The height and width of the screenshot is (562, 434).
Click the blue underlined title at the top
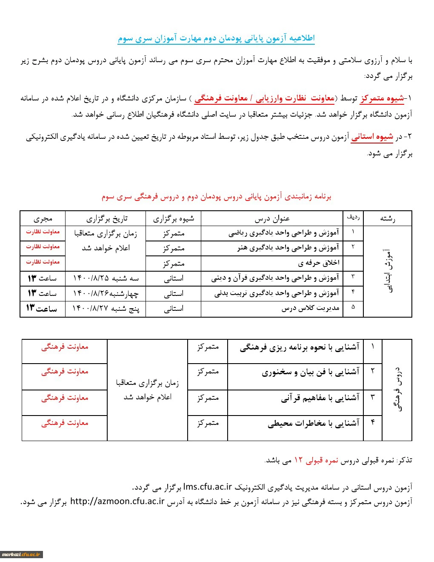tap(216, 38)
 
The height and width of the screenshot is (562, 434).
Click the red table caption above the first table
tap(216, 197)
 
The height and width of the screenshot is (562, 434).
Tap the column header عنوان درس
tap(272, 218)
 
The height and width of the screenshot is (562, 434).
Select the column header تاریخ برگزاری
tap(106, 218)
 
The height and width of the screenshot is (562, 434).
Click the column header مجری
tap(43, 218)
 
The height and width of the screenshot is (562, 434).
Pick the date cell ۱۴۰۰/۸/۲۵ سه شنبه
tap(106, 278)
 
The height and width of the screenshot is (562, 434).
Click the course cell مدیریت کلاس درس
tap(310, 308)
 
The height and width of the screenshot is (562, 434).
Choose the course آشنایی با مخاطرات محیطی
tap(313, 423)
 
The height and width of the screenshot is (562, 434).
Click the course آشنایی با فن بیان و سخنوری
tap(310, 372)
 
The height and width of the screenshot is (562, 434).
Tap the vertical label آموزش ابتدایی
tap(388, 271)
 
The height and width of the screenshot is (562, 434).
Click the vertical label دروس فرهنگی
tap(398, 389)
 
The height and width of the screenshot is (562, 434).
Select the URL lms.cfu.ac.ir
tap(208, 487)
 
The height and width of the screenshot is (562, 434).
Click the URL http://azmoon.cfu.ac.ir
tap(117, 501)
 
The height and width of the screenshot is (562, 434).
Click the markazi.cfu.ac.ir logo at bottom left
tap(21, 554)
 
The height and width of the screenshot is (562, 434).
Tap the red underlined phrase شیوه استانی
tap(372, 137)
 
